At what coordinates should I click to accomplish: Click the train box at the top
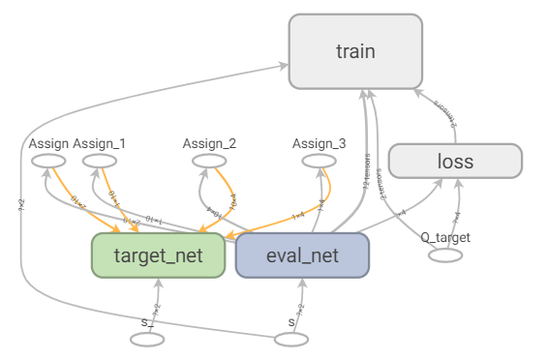(356, 50)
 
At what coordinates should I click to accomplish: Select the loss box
(455, 161)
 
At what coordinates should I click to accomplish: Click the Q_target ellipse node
(445, 255)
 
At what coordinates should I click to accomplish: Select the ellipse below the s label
(290, 339)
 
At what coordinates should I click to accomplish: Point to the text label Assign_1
(99, 143)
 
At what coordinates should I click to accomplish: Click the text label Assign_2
(209, 143)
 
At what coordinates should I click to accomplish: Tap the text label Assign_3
(319, 143)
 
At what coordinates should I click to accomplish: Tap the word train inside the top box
(356, 50)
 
